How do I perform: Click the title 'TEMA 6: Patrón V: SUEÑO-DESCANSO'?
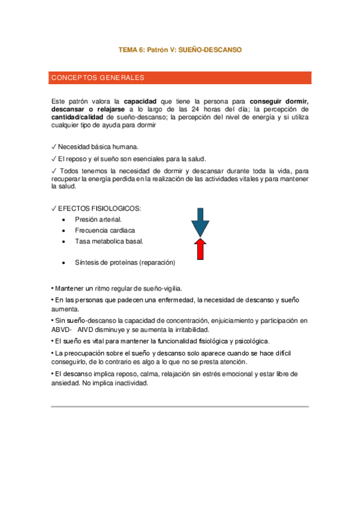click(180, 51)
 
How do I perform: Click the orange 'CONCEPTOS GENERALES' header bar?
click(180, 78)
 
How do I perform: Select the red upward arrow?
click(200, 248)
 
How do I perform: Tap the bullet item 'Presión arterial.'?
click(98, 220)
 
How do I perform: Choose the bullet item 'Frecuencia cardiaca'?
click(105, 230)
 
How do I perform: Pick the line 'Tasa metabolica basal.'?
click(109, 241)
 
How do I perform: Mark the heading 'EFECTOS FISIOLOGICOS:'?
click(100, 208)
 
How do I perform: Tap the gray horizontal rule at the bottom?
click(180, 407)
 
